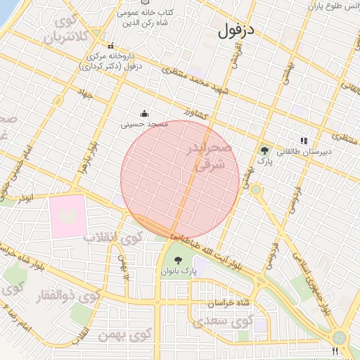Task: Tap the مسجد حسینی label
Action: (x=145, y=124)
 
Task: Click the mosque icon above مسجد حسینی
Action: (x=145, y=113)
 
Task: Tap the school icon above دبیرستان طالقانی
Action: (x=304, y=141)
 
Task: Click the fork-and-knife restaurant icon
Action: (x=335, y=350)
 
